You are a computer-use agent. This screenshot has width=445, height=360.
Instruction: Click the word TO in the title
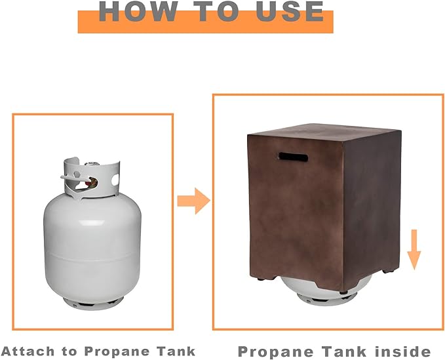coord(218,11)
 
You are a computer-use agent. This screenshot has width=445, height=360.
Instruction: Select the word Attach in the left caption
coord(28,351)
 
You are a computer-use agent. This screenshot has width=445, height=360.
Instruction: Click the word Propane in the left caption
coord(117,352)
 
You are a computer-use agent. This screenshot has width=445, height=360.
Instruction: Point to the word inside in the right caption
coord(402,351)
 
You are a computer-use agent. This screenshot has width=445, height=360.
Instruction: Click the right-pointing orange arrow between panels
coord(194,201)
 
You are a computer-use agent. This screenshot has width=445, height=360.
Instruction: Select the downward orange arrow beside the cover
coord(414,249)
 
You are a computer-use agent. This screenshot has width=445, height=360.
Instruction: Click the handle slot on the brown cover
coord(293,157)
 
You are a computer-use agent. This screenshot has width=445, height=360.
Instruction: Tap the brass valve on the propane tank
coord(91,182)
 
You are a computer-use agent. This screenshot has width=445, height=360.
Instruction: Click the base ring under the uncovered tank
coord(93,303)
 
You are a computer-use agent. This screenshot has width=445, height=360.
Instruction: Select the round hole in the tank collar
coord(115,180)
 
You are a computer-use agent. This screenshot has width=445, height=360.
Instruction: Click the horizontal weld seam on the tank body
coord(92,257)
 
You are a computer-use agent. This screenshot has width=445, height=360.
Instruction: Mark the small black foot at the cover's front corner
coord(344,292)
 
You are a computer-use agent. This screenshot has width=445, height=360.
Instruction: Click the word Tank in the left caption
coord(176,351)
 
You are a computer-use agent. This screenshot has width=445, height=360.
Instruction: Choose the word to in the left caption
coord(69,351)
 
